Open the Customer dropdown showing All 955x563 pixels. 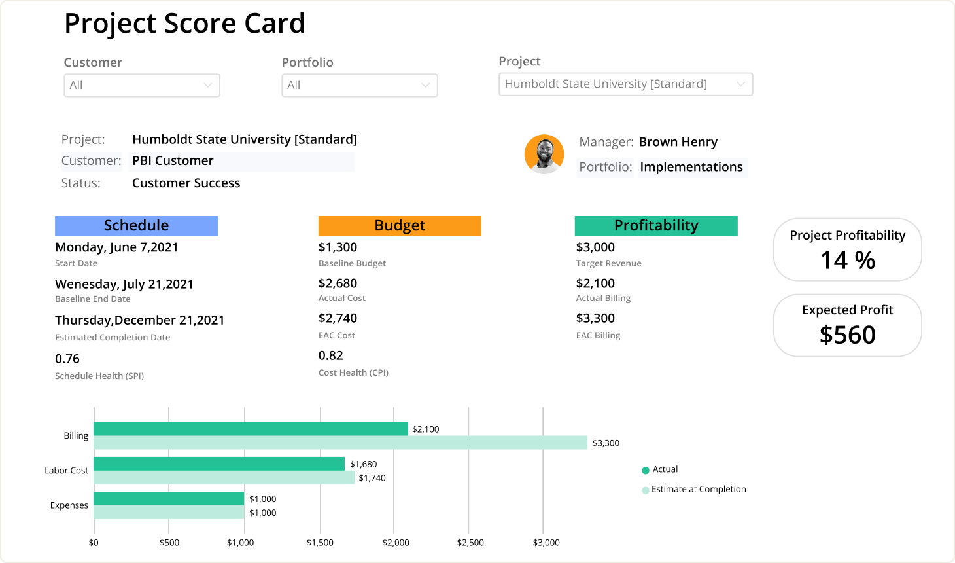pyautogui.click(x=141, y=85)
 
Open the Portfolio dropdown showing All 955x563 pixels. pyautogui.click(x=359, y=85)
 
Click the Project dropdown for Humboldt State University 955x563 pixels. pyautogui.click(x=625, y=84)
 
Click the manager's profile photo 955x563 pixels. pyautogui.click(x=544, y=154)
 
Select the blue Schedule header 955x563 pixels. pyautogui.click(x=136, y=226)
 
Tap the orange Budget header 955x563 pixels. pyautogui.click(x=400, y=226)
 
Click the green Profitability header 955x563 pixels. pyautogui.click(x=656, y=226)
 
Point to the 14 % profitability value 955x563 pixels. pyautogui.click(x=848, y=261)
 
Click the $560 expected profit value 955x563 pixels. pyautogui.click(x=848, y=335)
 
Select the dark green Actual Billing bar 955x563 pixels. pyautogui.click(x=251, y=429)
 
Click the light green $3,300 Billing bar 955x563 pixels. pyautogui.click(x=340, y=443)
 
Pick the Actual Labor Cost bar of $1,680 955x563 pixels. pyautogui.click(x=219, y=463)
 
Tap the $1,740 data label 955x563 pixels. pyautogui.click(x=372, y=478)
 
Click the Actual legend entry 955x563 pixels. pyautogui.click(x=661, y=469)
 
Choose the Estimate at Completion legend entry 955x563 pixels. pyautogui.click(x=695, y=489)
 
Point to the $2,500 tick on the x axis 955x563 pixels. pyautogui.click(x=470, y=543)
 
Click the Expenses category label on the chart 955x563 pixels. pyautogui.click(x=69, y=505)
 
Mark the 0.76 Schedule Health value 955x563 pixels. pyautogui.click(x=67, y=359)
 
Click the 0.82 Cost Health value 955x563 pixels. pyautogui.click(x=331, y=355)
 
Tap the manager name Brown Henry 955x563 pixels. pyautogui.click(x=678, y=142)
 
